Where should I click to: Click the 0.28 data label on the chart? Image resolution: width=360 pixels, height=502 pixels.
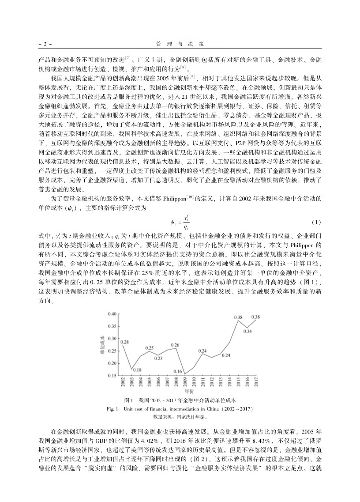click(124, 342)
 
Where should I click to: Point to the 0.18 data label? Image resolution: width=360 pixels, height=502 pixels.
click(137, 370)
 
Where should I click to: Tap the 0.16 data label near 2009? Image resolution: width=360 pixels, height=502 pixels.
click(178, 371)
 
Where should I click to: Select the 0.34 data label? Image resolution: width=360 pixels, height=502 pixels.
click(247, 331)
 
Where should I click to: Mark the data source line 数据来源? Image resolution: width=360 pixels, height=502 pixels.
click(180, 416)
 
